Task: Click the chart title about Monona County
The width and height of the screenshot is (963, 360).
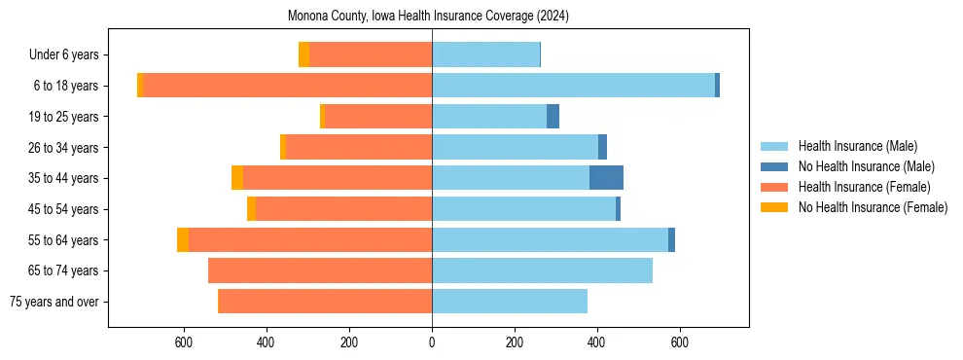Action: (x=429, y=17)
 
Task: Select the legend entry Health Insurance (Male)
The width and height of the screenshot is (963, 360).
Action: (x=857, y=146)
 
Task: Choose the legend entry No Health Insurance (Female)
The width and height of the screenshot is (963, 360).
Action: (x=873, y=207)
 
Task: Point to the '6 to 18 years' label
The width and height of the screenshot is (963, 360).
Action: (x=66, y=86)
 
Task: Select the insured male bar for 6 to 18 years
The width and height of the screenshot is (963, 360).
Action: (x=573, y=86)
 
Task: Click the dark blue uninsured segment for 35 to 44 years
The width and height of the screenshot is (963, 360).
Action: (x=606, y=178)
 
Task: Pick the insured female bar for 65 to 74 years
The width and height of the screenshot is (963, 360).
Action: (x=320, y=270)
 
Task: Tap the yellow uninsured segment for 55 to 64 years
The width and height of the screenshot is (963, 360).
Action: (x=183, y=240)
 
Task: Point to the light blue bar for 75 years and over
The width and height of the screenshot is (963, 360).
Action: (x=510, y=302)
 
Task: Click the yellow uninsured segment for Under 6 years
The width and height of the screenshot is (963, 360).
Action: (x=303, y=54)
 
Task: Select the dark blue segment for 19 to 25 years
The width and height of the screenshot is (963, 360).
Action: (x=553, y=117)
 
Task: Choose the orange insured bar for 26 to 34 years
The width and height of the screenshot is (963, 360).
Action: (x=388, y=147)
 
